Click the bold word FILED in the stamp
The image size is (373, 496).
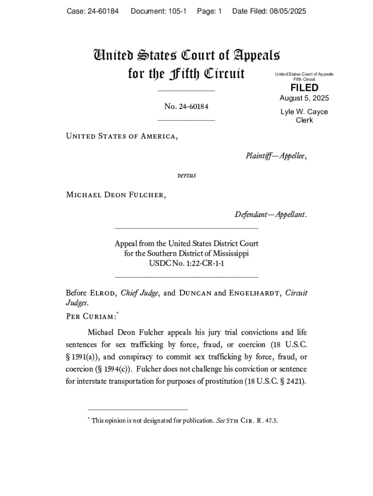tap(304, 88)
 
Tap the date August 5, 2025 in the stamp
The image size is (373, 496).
tap(304, 98)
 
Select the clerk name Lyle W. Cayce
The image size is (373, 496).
tap(304, 112)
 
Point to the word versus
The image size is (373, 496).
tap(186, 175)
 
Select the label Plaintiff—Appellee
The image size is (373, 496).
tap(276, 156)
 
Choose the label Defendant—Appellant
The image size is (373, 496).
tap(271, 214)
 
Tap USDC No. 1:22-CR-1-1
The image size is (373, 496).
tap(186, 263)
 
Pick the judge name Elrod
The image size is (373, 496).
tap(102, 293)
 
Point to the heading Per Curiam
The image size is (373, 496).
tap(91, 316)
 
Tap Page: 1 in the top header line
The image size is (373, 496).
tap(209, 11)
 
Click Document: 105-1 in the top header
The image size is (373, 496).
tap(158, 11)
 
